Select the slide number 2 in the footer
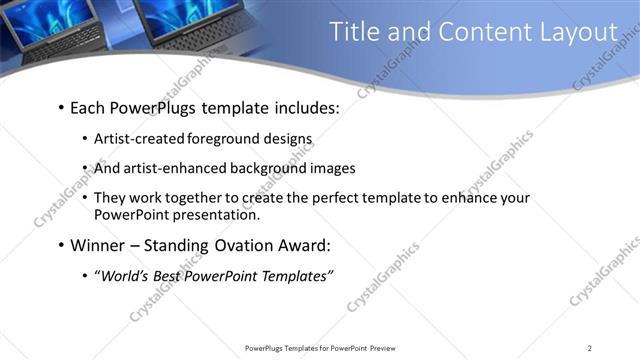pos(589,348)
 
